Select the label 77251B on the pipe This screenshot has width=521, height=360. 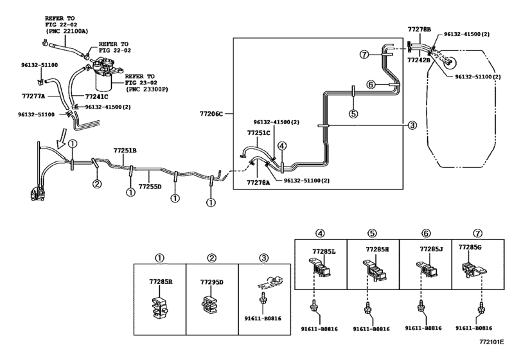coord(125,150)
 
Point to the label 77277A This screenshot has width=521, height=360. coord(34,96)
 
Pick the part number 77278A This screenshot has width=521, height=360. coord(260,183)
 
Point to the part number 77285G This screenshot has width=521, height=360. coord(471,246)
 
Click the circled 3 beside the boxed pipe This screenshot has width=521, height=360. coord(412,125)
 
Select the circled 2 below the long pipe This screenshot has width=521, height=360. coord(97,184)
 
